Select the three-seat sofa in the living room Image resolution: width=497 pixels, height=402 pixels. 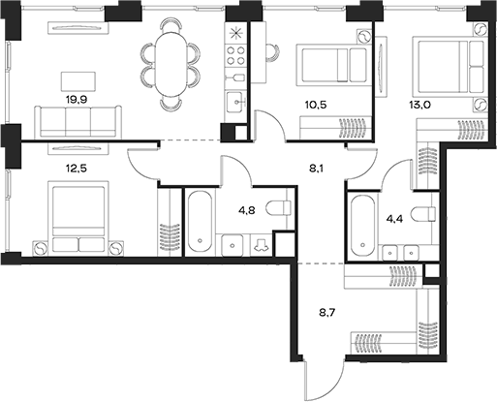coord(78,121)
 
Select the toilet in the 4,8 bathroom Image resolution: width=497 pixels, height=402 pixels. coord(278,206)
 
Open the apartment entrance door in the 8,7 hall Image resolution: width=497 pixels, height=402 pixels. coord(329,384)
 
